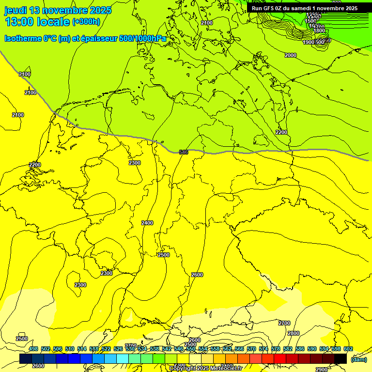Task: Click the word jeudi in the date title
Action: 15,10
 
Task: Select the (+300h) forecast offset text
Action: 86,22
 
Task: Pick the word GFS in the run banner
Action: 270,8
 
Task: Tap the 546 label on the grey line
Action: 184,152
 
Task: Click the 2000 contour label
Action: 291,55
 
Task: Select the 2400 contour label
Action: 147,223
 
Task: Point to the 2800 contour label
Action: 294,333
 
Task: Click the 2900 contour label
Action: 321,369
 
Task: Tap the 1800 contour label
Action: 319,31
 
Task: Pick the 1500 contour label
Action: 310,21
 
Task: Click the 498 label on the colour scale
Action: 33,349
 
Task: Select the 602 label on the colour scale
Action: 348,349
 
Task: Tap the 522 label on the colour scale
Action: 106,349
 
